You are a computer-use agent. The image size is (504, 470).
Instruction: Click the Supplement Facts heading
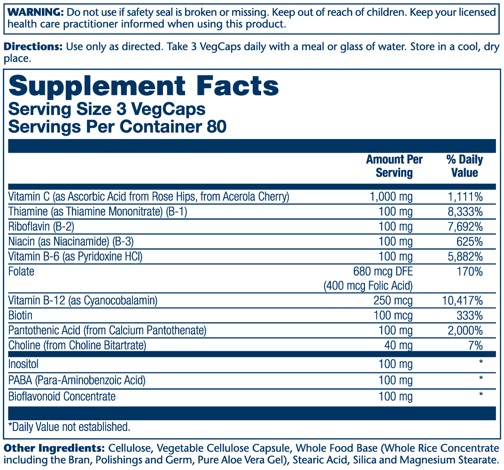point(144,87)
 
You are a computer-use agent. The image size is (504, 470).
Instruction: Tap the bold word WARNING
point(33,11)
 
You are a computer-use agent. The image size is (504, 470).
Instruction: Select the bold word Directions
point(33,47)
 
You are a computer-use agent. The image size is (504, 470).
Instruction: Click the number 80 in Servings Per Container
point(216,127)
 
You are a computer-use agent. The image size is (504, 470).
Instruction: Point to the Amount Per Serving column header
point(394,166)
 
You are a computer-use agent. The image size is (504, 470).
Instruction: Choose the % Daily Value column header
point(464,166)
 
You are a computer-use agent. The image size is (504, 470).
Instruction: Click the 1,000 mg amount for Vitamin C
point(391,197)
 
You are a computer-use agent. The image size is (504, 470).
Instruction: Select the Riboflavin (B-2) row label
point(41,227)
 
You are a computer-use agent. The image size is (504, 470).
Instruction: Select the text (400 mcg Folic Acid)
point(368,285)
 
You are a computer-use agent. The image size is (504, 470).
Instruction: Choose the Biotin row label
point(20,315)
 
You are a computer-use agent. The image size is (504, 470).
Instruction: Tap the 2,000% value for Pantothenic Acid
point(464,330)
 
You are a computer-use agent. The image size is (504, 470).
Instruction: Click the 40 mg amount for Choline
point(398,346)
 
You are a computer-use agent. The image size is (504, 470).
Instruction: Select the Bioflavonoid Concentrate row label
point(62,396)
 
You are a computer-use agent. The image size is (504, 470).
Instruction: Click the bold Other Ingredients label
point(54,448)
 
